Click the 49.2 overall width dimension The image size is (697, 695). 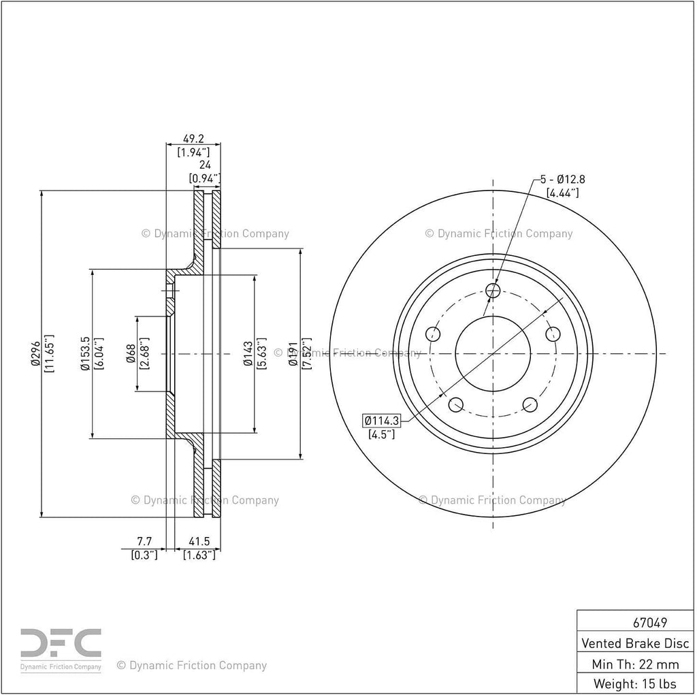point(193,139)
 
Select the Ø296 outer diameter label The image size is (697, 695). point(35,353)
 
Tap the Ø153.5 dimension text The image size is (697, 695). point(85,353)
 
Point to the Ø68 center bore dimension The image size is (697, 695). point(131,353)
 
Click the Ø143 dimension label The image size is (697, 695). point(248,353)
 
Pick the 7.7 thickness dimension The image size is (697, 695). point(144,541)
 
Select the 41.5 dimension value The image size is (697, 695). point(199,541)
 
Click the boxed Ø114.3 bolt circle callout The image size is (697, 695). point(382,420)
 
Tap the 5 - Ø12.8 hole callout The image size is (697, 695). point(563,179)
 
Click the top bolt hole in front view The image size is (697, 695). point(493,291)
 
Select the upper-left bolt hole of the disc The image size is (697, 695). point(433,334)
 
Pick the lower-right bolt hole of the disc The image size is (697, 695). point(530,404)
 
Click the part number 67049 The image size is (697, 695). point(650,623)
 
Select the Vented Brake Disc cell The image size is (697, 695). point(635,643)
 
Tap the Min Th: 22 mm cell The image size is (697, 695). point(635,664)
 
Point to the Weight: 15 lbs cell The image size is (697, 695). point(635,683)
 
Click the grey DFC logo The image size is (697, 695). point(61,643)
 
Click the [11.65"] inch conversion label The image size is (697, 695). point(49,353)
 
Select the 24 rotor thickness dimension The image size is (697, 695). point(205,165)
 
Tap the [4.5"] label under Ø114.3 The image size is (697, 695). point(382,434)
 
